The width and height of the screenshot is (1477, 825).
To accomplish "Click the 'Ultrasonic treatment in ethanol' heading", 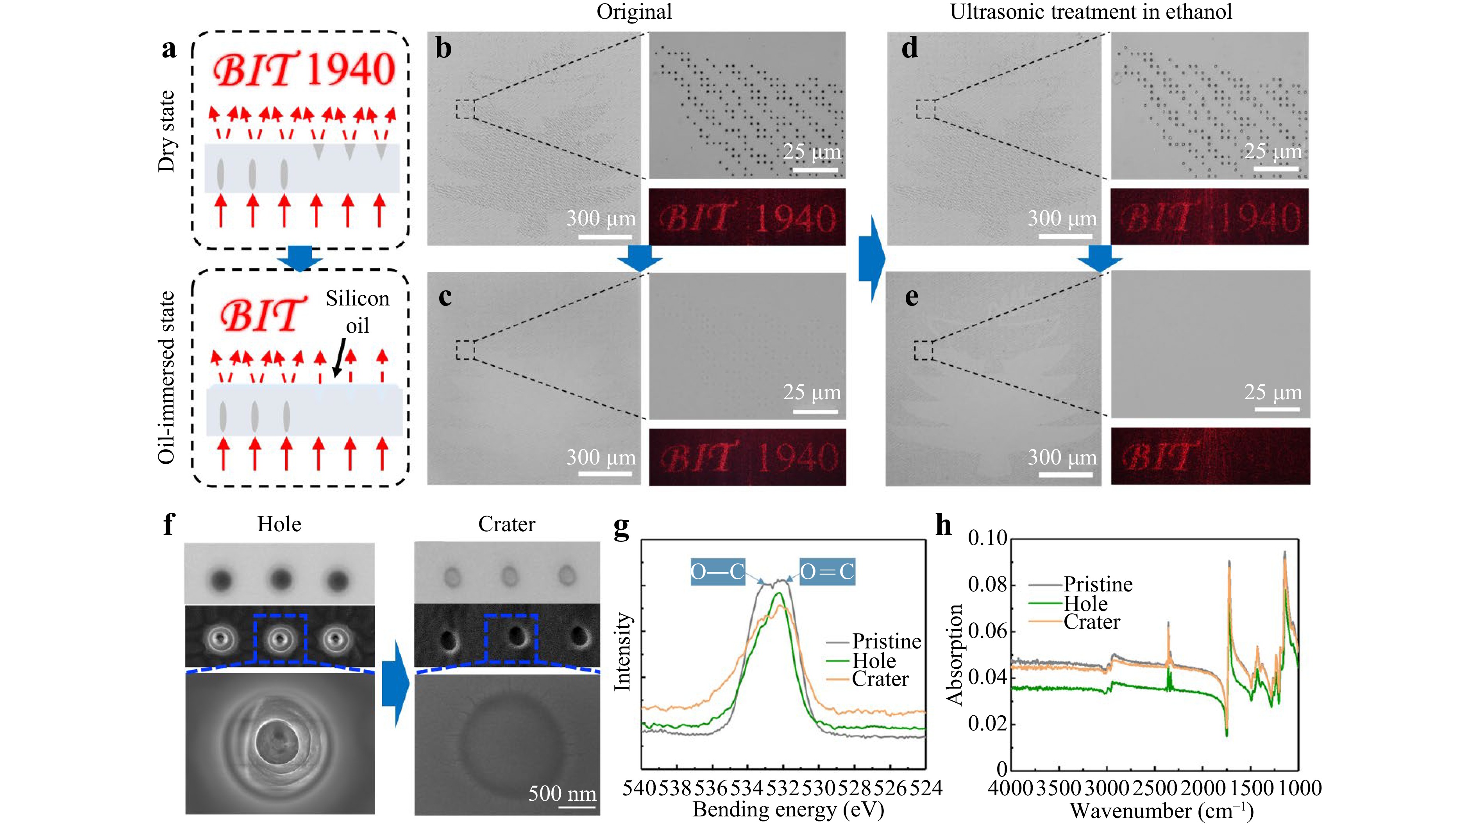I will (x=1091, y=11).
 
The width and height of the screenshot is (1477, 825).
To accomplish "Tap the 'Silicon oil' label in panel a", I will (x=357, y=311).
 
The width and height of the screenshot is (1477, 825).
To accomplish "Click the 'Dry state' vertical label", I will (x=166, y=131).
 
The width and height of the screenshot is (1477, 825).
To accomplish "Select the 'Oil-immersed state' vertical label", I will (x=166, y=377).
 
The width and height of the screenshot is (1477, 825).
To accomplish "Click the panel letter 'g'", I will (x=621, y=526).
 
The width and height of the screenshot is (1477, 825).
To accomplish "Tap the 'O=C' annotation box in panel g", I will (x=827, y=571).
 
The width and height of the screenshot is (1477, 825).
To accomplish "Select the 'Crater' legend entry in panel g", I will (x=880, y=679).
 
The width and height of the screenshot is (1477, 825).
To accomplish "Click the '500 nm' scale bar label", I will (x=562, y=793).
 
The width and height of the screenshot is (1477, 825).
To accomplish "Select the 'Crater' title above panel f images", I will (x=506, y=524).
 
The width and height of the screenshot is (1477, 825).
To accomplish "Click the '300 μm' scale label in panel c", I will (x=601, y=457).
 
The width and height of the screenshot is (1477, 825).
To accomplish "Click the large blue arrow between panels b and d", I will (x=871, y=259).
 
